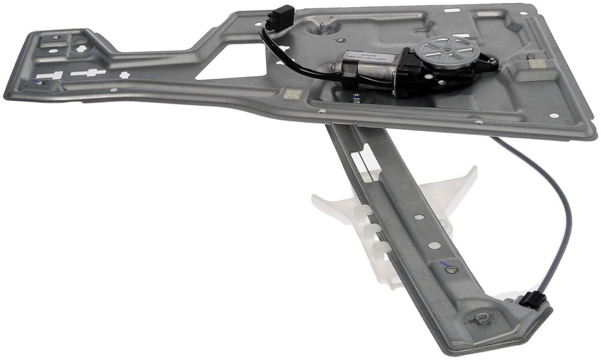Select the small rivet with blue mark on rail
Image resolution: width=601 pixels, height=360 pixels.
pyautogui.click(x=450, y=270)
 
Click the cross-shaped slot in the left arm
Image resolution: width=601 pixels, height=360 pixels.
pyautogui.click(x=88, y=73)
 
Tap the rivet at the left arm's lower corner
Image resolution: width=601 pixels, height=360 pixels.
pyautogui.click(x=39, y=83)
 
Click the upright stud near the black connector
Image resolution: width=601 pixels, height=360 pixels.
pyautogui.click(x=323, y=26)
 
